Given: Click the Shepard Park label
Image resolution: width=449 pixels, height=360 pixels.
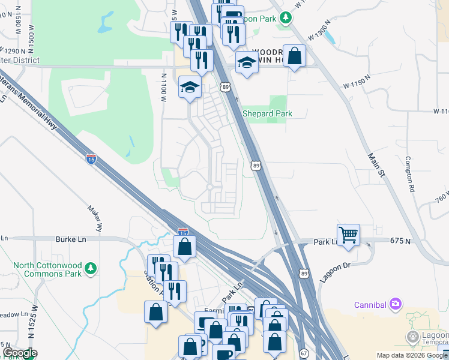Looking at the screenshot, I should coord(267,113).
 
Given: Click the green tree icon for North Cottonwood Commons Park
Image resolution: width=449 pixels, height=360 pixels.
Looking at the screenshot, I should coord(91,268).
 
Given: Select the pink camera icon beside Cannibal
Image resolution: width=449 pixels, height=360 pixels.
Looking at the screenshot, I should coord(395,304).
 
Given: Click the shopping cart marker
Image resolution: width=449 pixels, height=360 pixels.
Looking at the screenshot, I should coord(348,234).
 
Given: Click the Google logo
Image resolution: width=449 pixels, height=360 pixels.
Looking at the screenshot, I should coord(19,353).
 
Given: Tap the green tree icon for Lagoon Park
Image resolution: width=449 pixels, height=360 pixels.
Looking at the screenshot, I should coord(288,18).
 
